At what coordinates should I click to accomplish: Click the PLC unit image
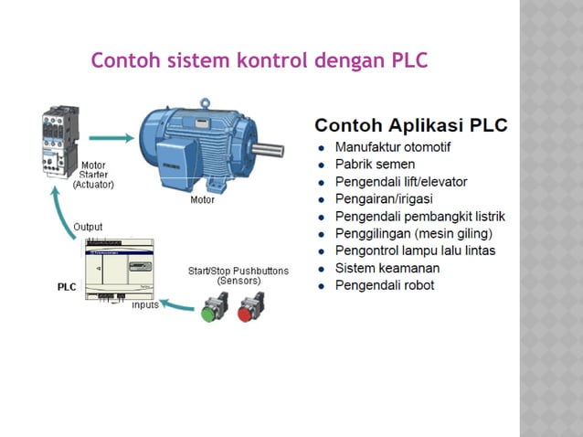point(119,267)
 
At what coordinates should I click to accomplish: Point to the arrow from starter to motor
point(110,137)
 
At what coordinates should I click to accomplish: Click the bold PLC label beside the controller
point(67,286)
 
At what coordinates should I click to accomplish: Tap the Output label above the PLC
point(88,227)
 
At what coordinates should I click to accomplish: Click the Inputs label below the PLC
point(145,305)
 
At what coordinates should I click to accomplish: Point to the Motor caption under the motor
point(202,200)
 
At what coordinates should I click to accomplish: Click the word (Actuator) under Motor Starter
point(92,185)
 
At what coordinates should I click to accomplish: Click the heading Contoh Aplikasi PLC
point(410,125)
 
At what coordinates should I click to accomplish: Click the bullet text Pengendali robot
point(385,285)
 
